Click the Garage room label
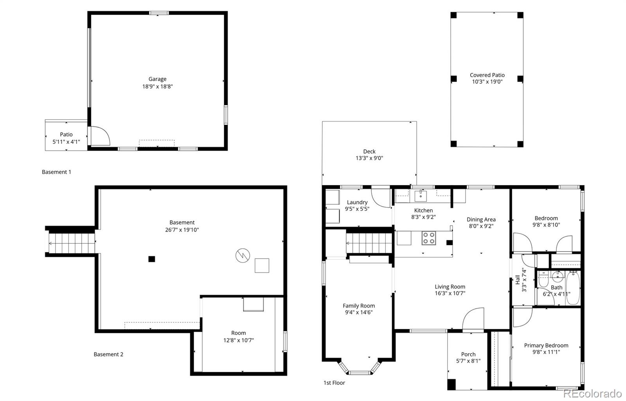pyautogui.click(x=157, y=79)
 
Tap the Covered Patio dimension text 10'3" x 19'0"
pyautogui.click(x=487, y=82)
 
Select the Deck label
pyautogui.click(x=369, y=151)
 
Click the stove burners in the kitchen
pyautogui.click(x=429, y=238)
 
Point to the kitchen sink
pyautogui.click(x=420, y=196)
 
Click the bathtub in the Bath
pyautogui.click(x=573, y=288)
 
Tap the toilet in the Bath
pyautogui.click(x=543, y=279)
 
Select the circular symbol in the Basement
pyautogui.click(x=243, y=255)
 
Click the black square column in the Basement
pyautogui.click(x=151, y=259)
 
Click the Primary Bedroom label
pyautogui.click(x=546, y=345)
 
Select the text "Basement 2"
pyautogui.click(x=108, y=354)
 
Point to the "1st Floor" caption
pyautogui.click(x=334, y=383)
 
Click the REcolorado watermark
pyautogui.click(x=592, y=394)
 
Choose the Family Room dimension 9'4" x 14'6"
pyautogui.click(x=359, y=313)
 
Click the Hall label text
pyautogui.click(x=518, y=280)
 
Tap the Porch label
pyautogui.click(x=468, y=354)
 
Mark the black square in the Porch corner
pyautogui.click(x=452, y=384)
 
